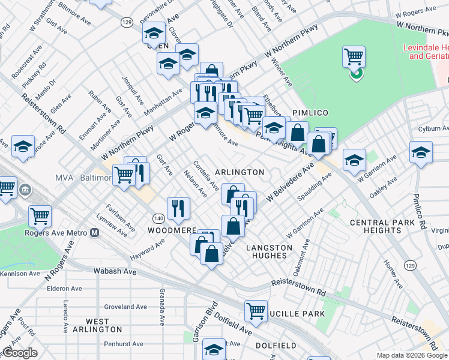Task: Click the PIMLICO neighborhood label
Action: coord(308,113)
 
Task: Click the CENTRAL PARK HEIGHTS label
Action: coord(380,227)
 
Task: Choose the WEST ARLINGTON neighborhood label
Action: coord(97,325)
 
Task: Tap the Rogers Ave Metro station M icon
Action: coord(94,233)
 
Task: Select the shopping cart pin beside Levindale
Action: coord(354,58)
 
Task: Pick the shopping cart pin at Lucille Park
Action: coord(256,311)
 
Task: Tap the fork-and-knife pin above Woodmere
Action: coord(178,208)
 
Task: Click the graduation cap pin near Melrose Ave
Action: coord(23,147)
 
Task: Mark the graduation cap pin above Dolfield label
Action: coord(214,349)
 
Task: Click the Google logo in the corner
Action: coord(20,353)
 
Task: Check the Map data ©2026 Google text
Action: coord(412,355)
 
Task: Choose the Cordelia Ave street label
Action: coord(206,178)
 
